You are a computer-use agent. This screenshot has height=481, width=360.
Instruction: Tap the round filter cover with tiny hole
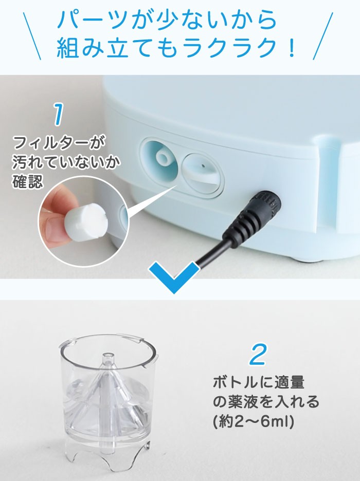point(202,171)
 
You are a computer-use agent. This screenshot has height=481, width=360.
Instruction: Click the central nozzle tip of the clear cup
point(108,356)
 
